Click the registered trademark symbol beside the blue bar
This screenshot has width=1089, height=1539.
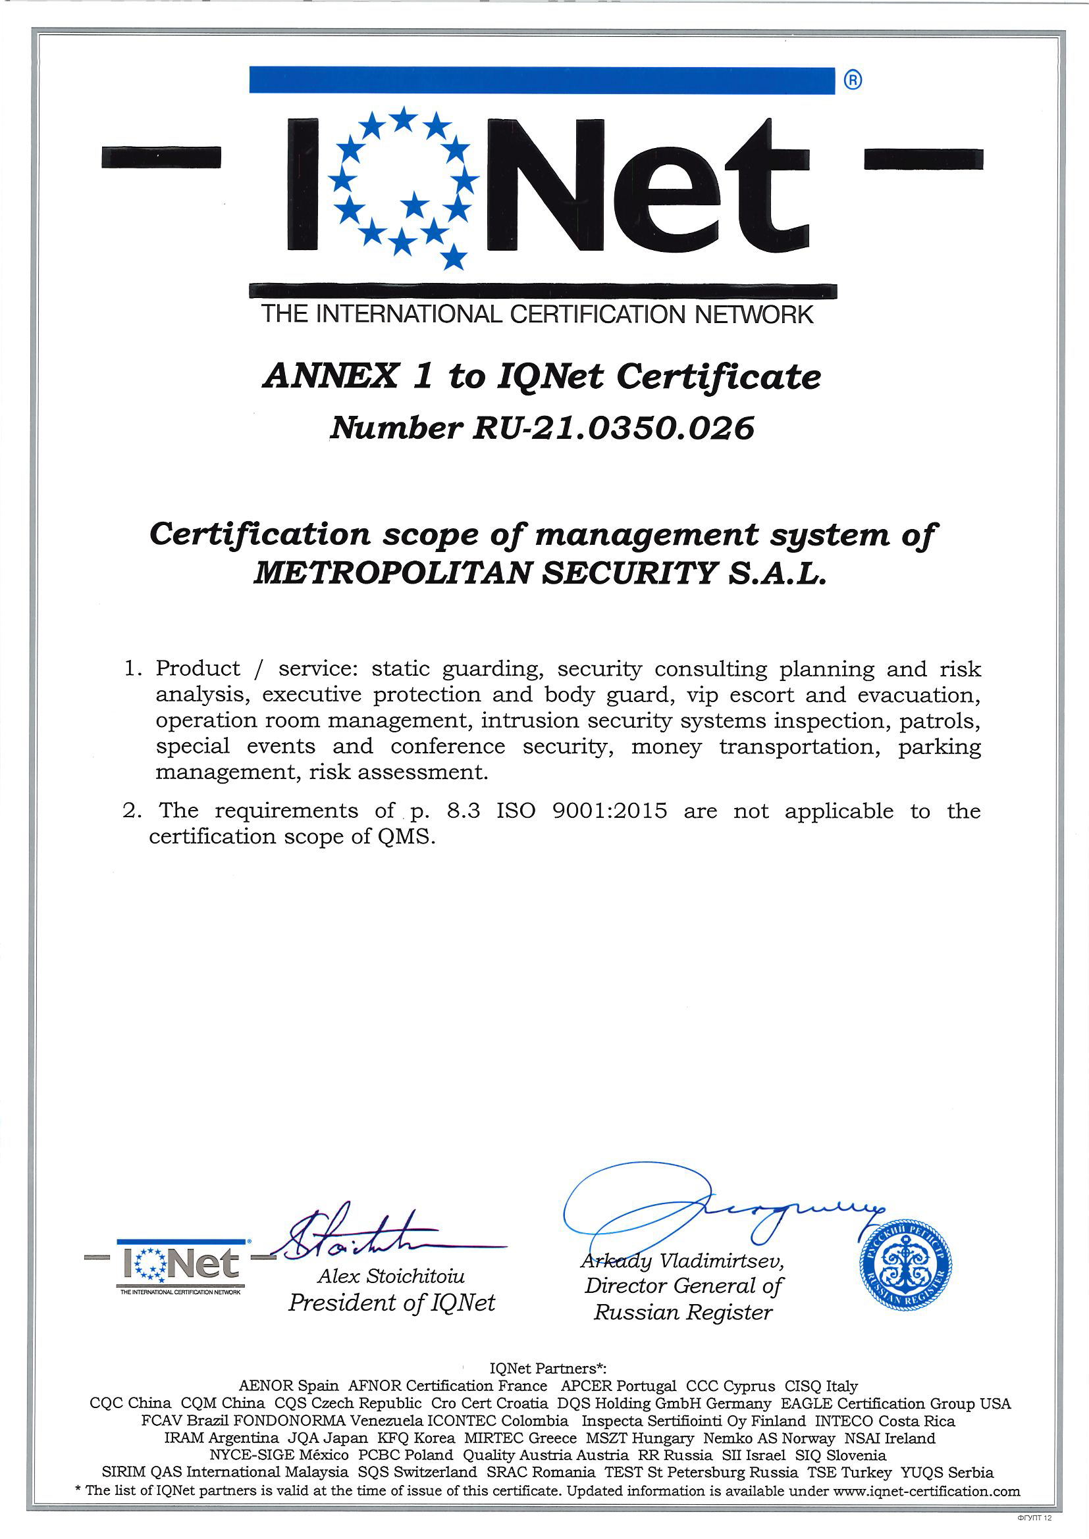coord(852,80)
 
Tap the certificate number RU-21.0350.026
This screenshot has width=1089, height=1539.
coord(613,428)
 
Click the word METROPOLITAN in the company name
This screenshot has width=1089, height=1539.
coord(394,573)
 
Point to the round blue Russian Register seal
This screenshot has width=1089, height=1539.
coord(905,1264)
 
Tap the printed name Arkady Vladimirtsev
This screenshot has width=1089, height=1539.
coord(682,1261)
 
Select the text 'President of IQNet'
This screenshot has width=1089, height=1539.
coord(392,1301)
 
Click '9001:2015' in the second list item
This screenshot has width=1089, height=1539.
coord(610,811)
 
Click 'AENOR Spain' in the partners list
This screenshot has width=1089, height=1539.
coord(288,1386)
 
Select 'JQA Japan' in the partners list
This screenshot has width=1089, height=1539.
coord(328,1438)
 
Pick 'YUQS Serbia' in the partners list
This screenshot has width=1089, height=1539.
coord(947,1473)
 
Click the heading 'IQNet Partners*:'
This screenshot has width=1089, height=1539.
coord(548,1369)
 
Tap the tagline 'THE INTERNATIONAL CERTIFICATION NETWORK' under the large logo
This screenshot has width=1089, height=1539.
coord(537,315)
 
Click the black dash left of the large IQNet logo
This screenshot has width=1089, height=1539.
coord(161,157)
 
